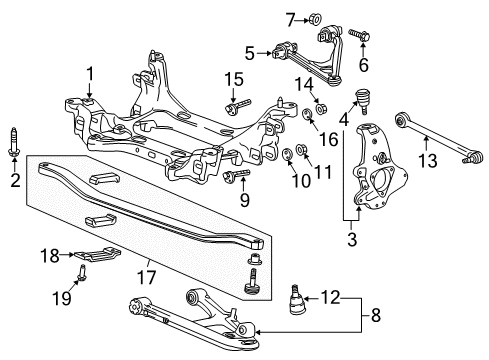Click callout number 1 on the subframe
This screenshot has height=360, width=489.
tap(89, 73)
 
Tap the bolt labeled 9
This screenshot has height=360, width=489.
tap(242, 177)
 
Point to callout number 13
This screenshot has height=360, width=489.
tap(455, 163)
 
